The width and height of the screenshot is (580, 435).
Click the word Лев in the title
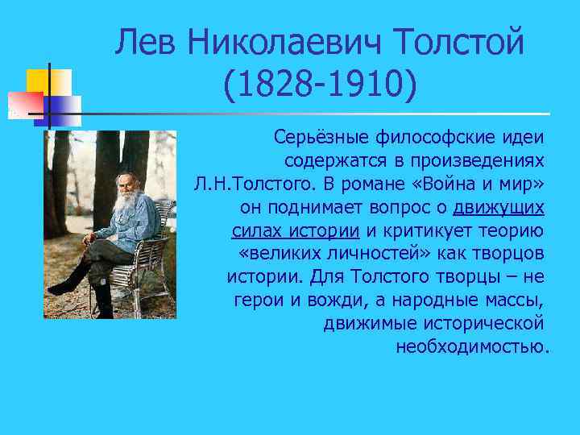(x=145, y=42)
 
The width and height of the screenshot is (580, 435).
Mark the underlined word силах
(x=255, y=230)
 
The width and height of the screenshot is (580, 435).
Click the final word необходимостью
(x=472, y=347)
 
